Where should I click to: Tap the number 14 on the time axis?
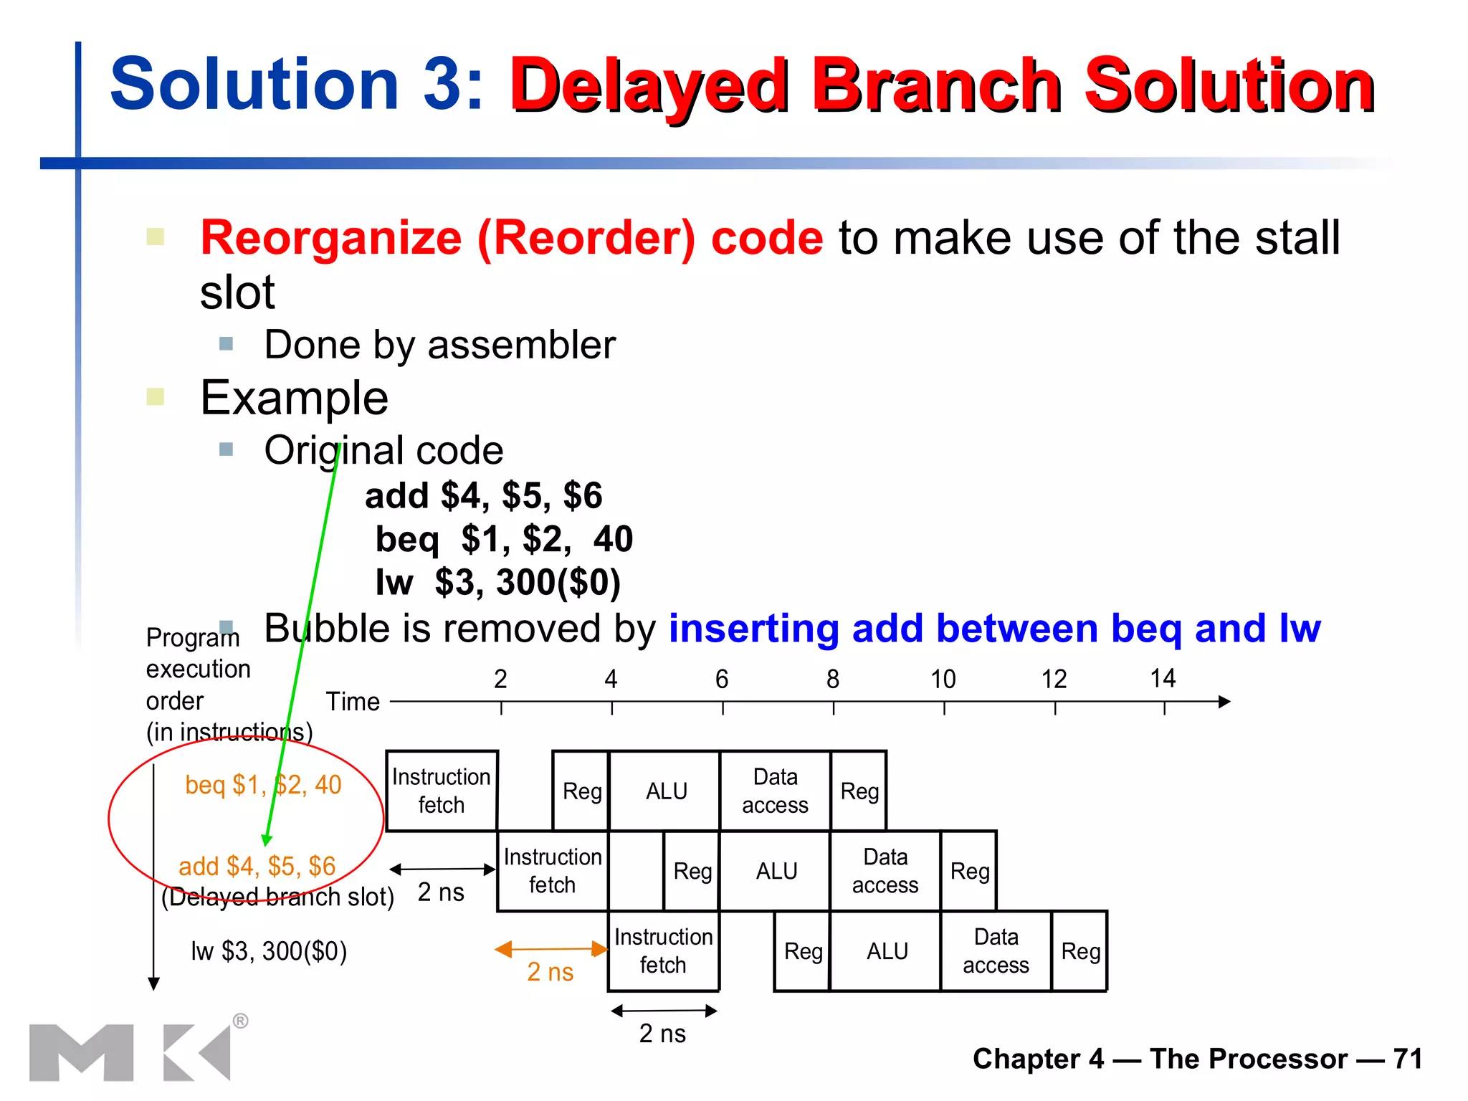[x=1163, y=678]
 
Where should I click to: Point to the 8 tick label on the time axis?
[x=832, y=679]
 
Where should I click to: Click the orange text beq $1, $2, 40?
[x=263, y=785]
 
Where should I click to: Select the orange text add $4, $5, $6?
[x=257, y=866]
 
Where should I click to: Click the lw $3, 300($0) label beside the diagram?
[x=269, y=951]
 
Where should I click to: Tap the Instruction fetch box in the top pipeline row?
[x=442, y=791]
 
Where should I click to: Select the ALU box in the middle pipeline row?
[x=776, y=871]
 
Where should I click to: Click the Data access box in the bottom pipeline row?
[x=996, y=951]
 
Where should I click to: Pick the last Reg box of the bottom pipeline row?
[x=1080, y=951]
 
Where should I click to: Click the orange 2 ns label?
[x=550, y=972]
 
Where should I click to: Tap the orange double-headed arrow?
[x=550, y=950]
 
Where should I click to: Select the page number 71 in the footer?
[x=1408, y=1059]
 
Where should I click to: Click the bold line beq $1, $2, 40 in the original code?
[x=504, y=539]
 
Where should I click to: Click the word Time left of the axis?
[x=353, y=701]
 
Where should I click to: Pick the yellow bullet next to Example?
[x=156, y=396]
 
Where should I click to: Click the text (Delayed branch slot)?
[x=277, y=897]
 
